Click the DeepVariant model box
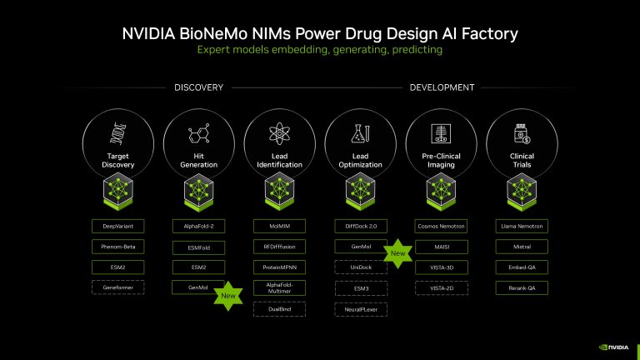[117, 226]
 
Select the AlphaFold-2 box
[198, 226]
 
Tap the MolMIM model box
[279, 226]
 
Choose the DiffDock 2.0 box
[361, 226]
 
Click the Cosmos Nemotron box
[442, 226]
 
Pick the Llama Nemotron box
[522, 226]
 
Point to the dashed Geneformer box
[117, 287]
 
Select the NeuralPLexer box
[361, 308]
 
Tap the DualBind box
[279, 308]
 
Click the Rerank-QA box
[522, 287]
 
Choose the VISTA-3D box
[442, 267]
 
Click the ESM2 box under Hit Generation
[198, 267]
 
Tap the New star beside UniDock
[397, 253]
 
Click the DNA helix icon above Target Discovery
[117, 133]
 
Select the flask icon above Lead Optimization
[361, 133]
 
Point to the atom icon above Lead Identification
[279, 133]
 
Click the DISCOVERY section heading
[198, 87]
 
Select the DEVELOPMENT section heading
[442, 87]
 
